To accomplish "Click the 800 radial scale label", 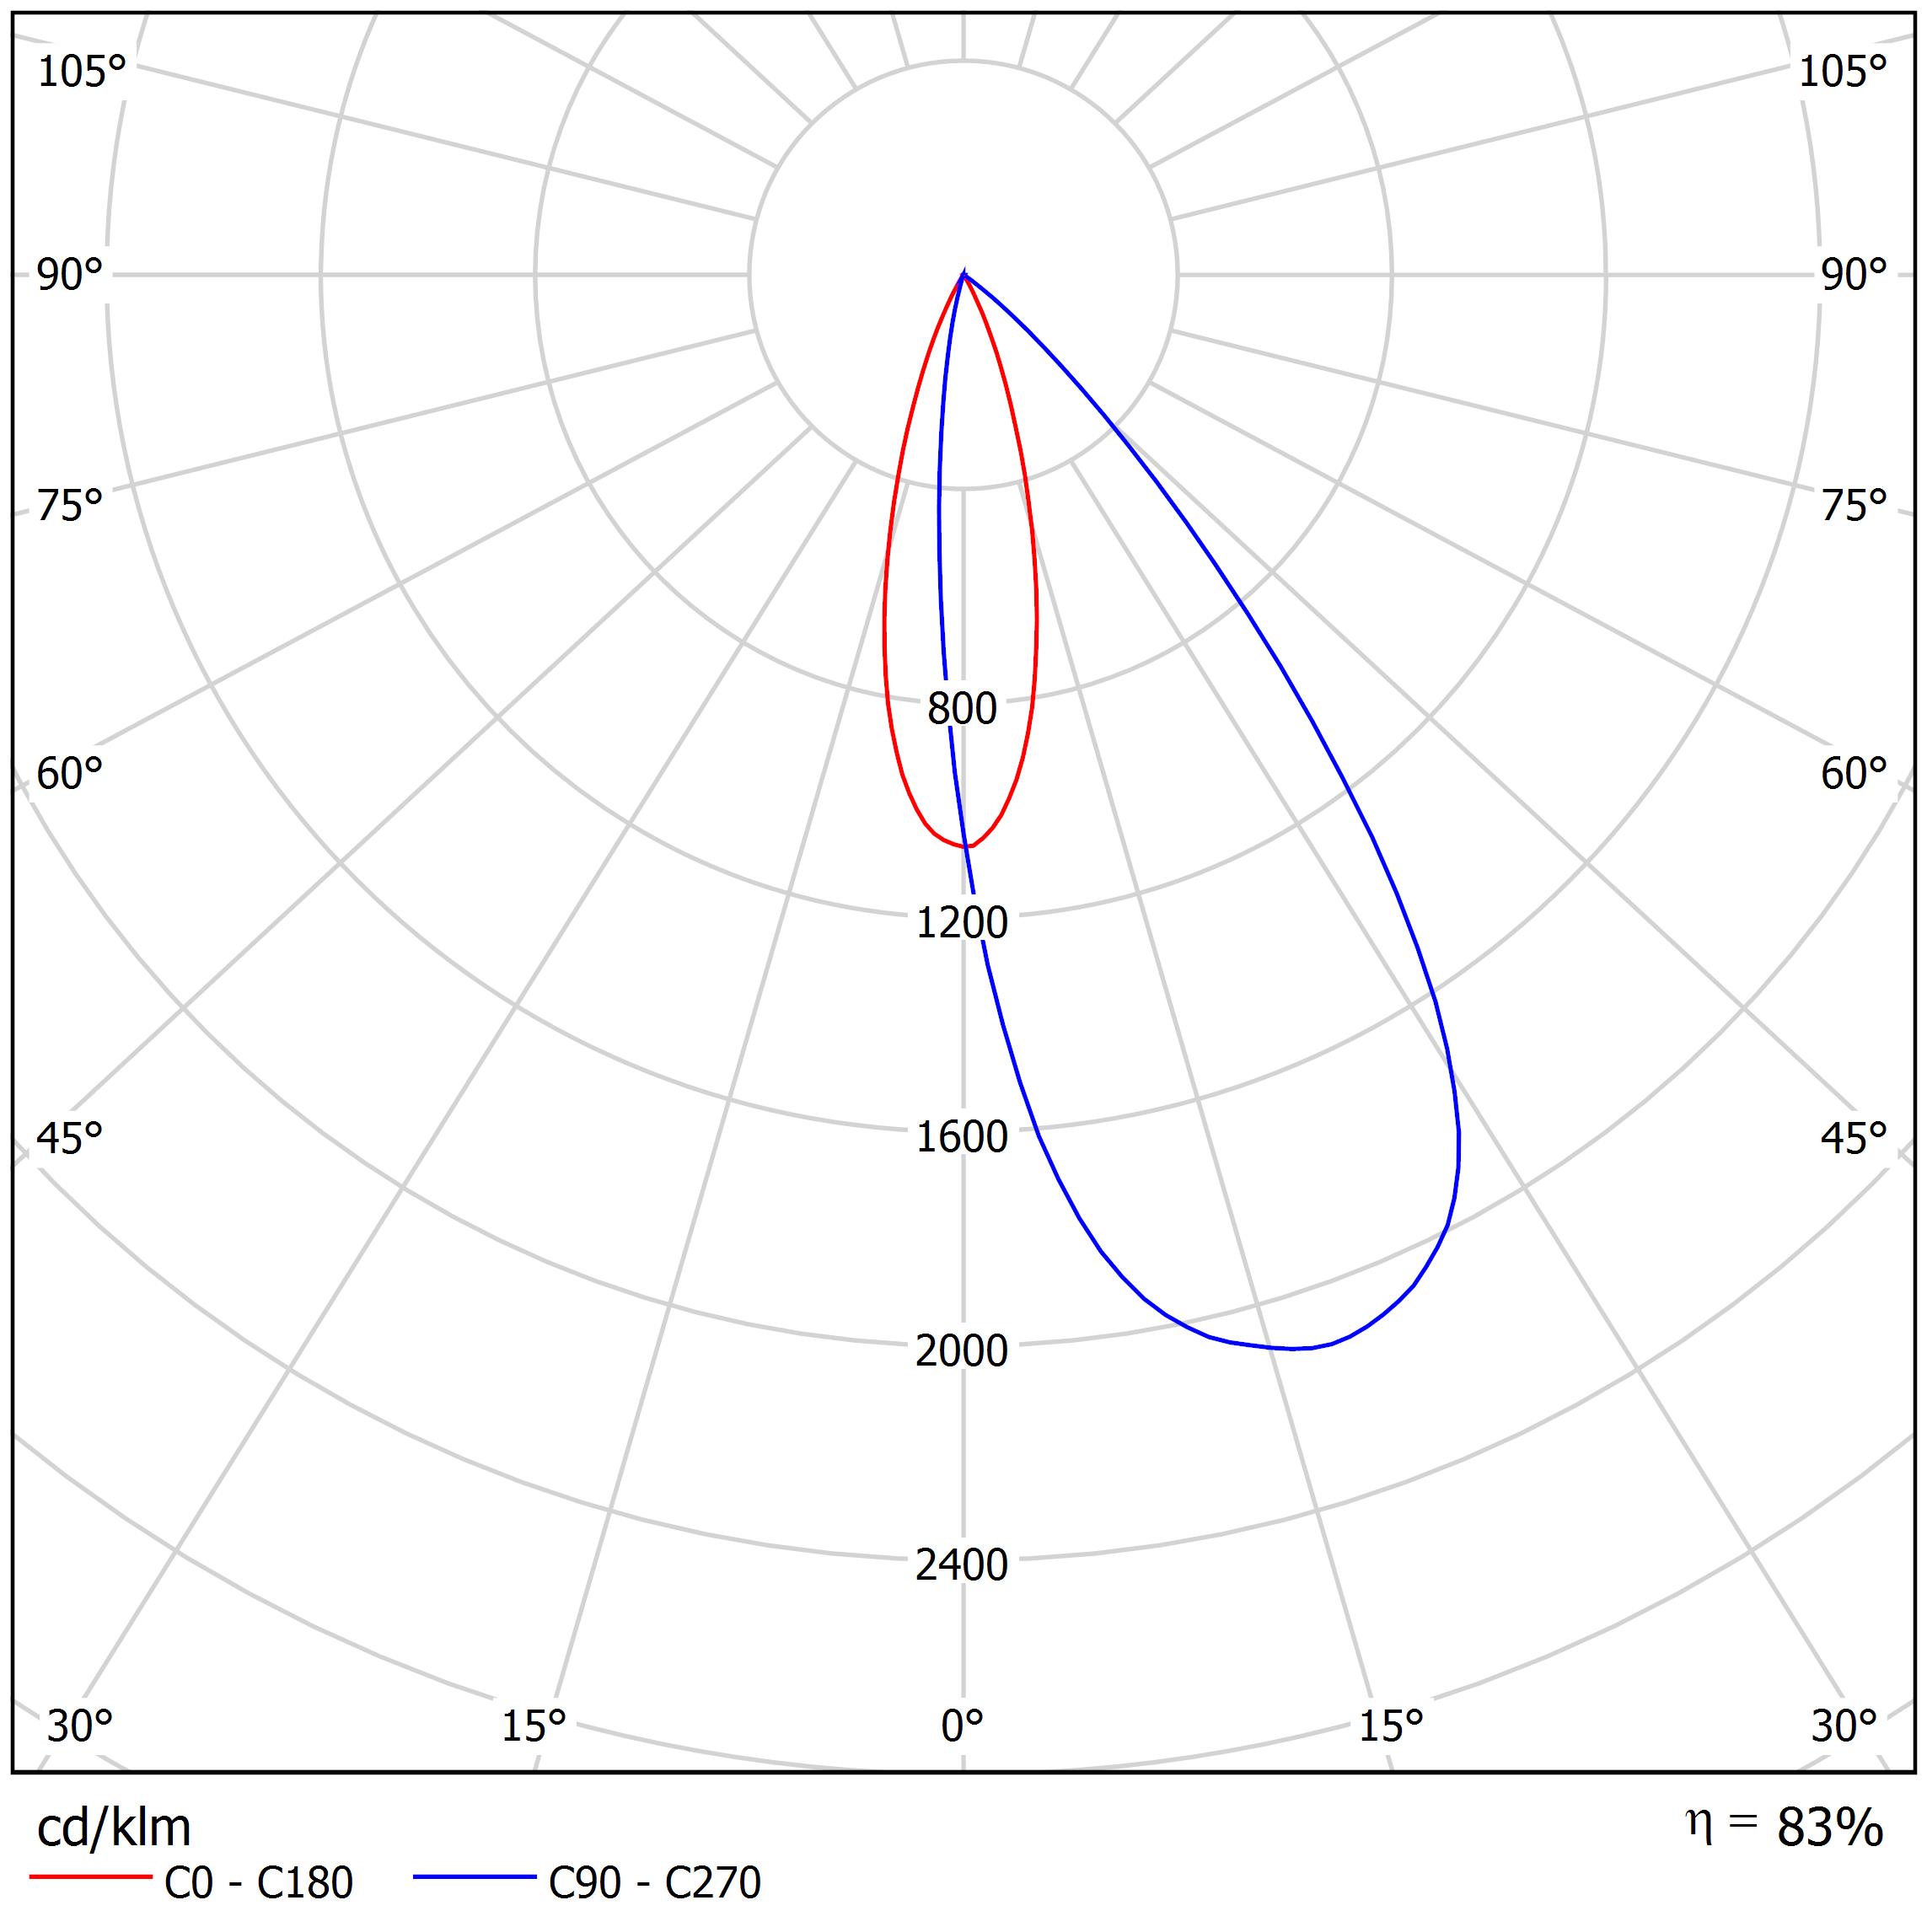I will click(962, 709).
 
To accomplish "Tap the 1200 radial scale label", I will click(962, 924).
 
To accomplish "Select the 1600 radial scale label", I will click(962, 1137).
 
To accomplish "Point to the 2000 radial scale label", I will click(962, 1351).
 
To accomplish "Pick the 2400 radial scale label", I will click(962, 1565).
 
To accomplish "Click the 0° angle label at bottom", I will click(962, 1726).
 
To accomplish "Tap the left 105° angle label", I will click(82, 72).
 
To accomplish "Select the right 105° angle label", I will click(1842, 72).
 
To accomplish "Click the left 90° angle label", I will click(70, 276).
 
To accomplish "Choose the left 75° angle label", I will click(70, 507).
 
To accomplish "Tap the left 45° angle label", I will click(70, 1138).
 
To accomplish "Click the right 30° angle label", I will click(1844, 1726).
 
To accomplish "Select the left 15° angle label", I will click(534, 1726).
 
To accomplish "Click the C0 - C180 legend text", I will click(258, 1883).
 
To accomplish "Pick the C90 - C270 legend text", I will click(654, 1883).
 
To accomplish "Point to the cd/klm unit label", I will click(114, 1828).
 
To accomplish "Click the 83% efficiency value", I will click(1829, 1828).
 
